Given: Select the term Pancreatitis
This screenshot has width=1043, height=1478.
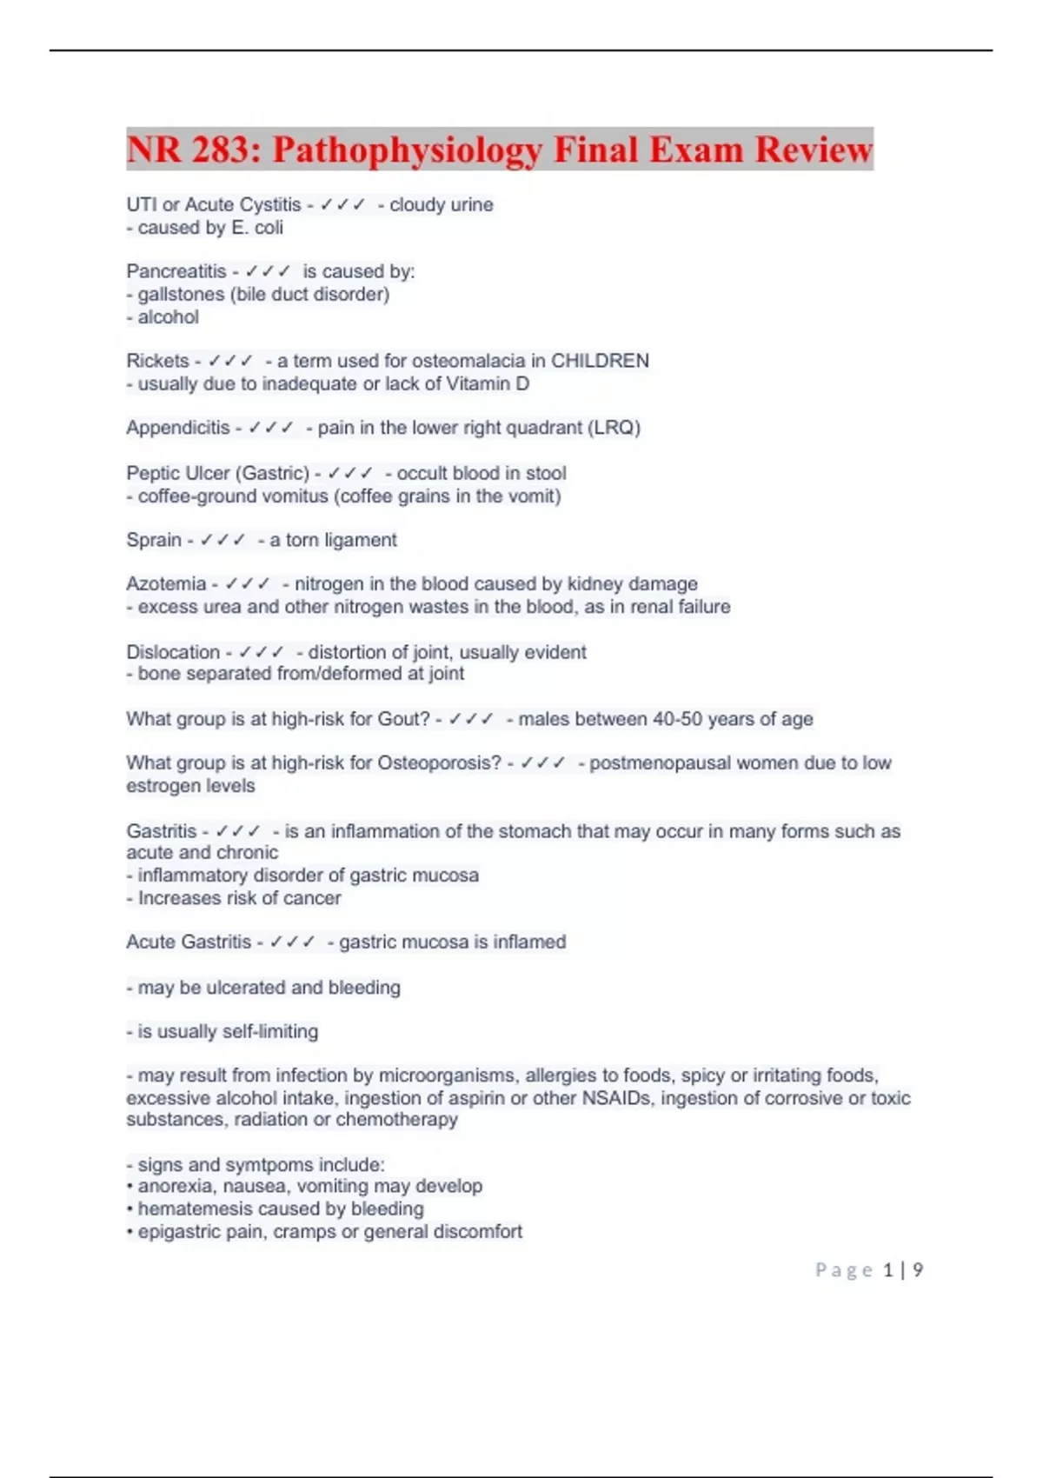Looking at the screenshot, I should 176,271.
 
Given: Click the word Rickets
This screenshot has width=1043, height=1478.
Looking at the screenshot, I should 157,361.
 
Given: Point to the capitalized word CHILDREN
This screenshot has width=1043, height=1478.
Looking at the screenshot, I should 600,361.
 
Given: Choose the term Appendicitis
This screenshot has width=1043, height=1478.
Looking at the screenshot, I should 177,428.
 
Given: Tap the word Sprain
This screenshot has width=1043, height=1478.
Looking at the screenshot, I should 153,540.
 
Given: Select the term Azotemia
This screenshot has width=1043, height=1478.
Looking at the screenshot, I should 166,583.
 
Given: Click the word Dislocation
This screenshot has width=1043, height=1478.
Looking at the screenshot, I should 173,652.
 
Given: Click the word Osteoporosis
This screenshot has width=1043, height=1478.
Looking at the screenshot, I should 439,762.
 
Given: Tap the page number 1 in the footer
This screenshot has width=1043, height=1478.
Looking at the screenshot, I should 887,1270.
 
